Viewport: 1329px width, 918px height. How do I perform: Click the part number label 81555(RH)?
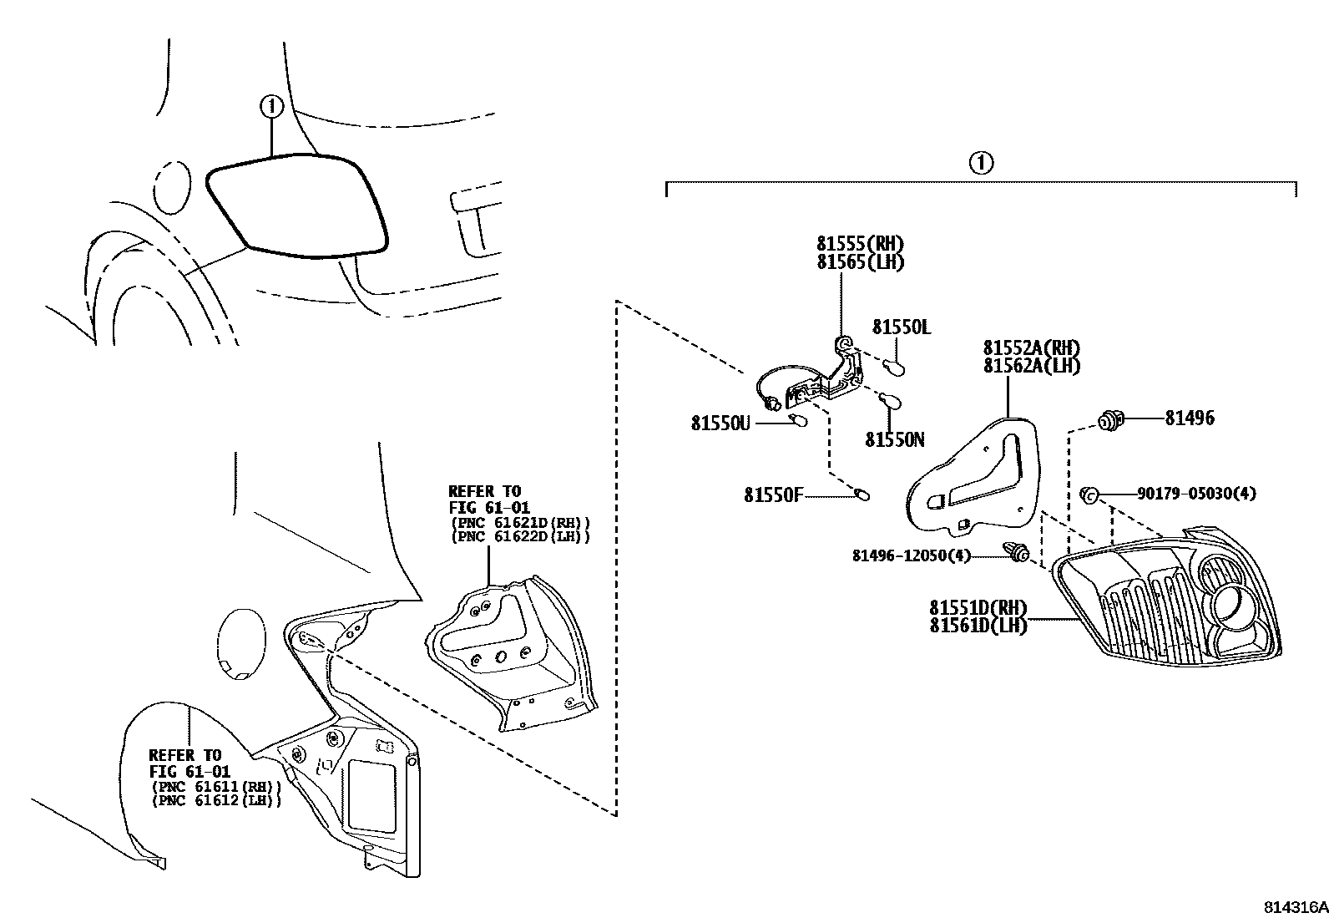point(860,244)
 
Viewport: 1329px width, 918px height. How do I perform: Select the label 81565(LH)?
point(860,261)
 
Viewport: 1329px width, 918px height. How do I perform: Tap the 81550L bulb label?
point(901,327)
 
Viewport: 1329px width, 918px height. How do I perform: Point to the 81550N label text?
point(894,440)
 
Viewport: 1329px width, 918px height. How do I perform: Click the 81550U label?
point(720,424)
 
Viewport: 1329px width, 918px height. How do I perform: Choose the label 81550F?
point(773,496)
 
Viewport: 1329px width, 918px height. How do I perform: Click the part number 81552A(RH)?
point(1031,348)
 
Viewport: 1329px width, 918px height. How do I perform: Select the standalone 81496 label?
point(1190,418)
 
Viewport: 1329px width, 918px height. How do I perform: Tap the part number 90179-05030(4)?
point(1195,494)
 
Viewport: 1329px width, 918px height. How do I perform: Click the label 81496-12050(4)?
point(912,555)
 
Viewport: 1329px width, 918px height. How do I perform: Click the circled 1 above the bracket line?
point(981,163)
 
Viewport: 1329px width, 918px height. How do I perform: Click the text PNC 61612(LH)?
point(216,800)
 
